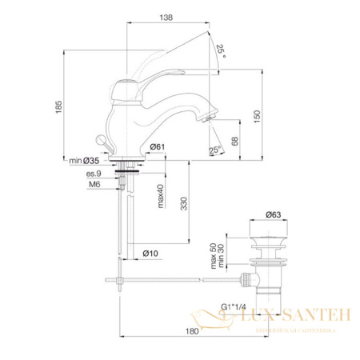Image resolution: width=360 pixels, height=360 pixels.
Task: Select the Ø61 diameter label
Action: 157,146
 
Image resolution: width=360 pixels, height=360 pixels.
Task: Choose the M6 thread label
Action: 96,185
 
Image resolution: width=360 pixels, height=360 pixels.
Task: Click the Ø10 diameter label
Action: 151,253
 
